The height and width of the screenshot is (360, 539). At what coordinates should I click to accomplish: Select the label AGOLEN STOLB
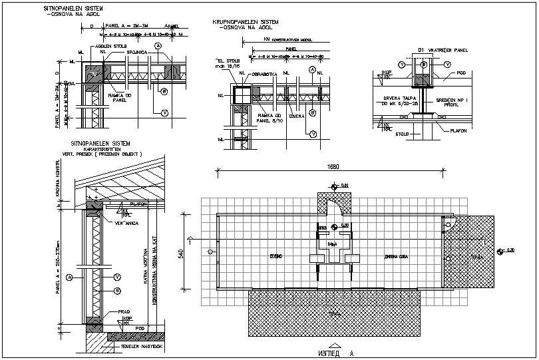coord(112,47)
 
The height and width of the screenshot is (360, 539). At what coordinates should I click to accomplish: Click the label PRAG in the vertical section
coord(124,311)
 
